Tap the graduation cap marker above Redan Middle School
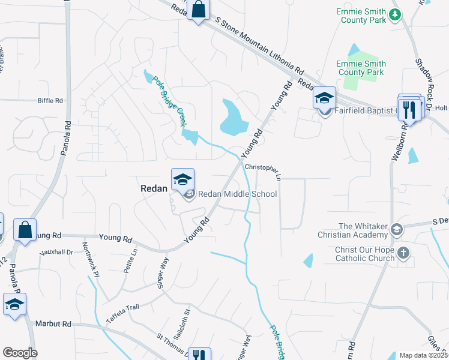pos(183,179)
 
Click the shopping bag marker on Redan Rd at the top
pos(198,10)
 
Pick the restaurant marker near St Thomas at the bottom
pos(199,355)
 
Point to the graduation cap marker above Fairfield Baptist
pos(324,98)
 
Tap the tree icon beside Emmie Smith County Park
pos(395,14)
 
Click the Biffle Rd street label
pos(50,101)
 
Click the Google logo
pos(20,353)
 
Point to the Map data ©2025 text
pos(423,355)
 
